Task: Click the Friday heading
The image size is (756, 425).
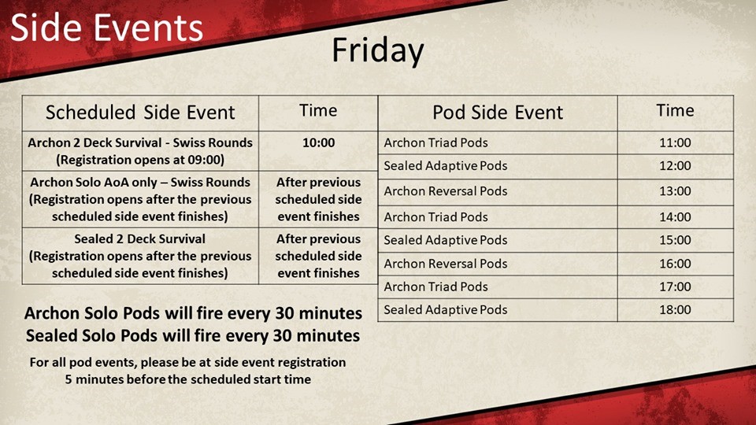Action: (377, 51)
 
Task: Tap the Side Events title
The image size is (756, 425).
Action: (106, 28)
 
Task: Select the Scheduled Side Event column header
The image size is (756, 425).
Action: (140, 113)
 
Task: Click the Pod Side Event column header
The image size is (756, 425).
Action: (498, 113)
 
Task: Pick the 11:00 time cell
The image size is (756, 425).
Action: (675, 142)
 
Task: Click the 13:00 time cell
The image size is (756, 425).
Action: (675, 190)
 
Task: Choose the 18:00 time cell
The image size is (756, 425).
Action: (675, 309)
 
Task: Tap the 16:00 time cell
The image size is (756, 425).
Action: (675, 264)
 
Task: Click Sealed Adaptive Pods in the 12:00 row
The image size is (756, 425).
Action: (446, 166)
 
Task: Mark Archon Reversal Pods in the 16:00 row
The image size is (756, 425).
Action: (446, 264)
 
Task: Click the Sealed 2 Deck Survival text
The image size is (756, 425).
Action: (140, 239)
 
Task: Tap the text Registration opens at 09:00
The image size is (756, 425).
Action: (140, 160)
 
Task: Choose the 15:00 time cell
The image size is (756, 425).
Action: (675, 240)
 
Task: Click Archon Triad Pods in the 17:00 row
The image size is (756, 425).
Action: (435, 286)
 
